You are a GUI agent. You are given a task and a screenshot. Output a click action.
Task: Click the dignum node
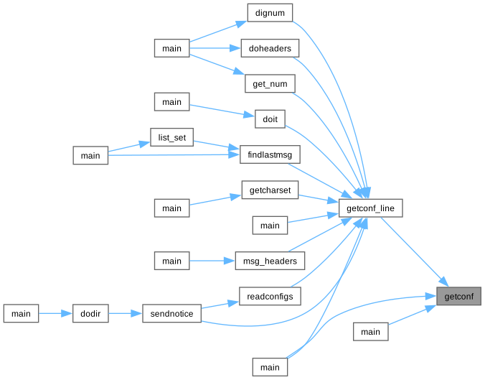pyautogui.click(x=270, y=13)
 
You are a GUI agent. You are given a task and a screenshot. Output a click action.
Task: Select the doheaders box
pyautogui.click(x=270, y=48)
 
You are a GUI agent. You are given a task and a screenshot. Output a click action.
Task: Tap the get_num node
pyautogui.click(x=270, y=84)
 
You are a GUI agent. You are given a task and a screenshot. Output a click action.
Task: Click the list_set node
pyautogui.click(x=171, y=137)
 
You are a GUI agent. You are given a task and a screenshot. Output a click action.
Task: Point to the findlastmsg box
pyautogui.click(x=270, y=155)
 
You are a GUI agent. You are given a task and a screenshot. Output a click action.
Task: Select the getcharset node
pyautogui.click(x=270, y=190)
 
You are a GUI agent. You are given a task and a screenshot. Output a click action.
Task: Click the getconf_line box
pyautogui.click(x=370, y=208)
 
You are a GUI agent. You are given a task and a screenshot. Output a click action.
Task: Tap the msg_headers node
pyautogui.click(x=270, y=261)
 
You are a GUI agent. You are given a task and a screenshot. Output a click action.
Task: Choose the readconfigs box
pyautogui.click(x=270, y=296)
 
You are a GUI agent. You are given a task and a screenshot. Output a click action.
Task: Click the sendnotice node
pyautogui.click(x=171, y=314)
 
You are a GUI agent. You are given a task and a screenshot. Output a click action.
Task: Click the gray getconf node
pyautogui.click(x=459, y=296)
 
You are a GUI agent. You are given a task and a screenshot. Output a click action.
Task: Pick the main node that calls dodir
pyautogui.click(x=21, y=314)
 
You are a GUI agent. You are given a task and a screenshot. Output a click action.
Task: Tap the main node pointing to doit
pyautogui.click(x=171, y=102)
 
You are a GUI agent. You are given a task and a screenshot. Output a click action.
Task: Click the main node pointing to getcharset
pyautogui.click(x=171, y=208)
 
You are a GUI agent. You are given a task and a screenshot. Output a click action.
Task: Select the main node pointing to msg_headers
pyautogui.click(x=171, y=261)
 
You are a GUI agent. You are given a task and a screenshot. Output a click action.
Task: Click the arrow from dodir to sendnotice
pyautogui.click(x=125, y=314)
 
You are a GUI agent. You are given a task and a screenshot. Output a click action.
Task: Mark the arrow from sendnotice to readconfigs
pyautogui.click(x=220, y=305)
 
